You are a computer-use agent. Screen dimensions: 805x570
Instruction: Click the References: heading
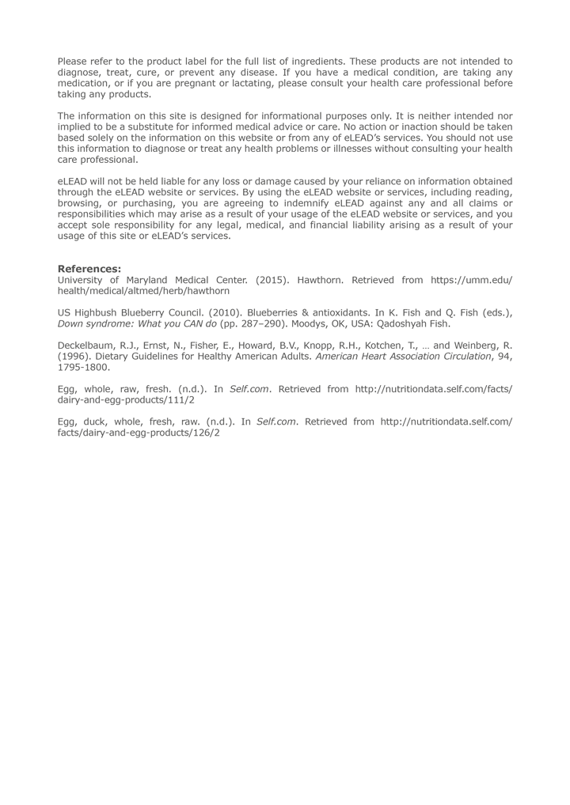(x=89, y=269)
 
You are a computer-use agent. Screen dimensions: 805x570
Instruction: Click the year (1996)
(x=74, y=357)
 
